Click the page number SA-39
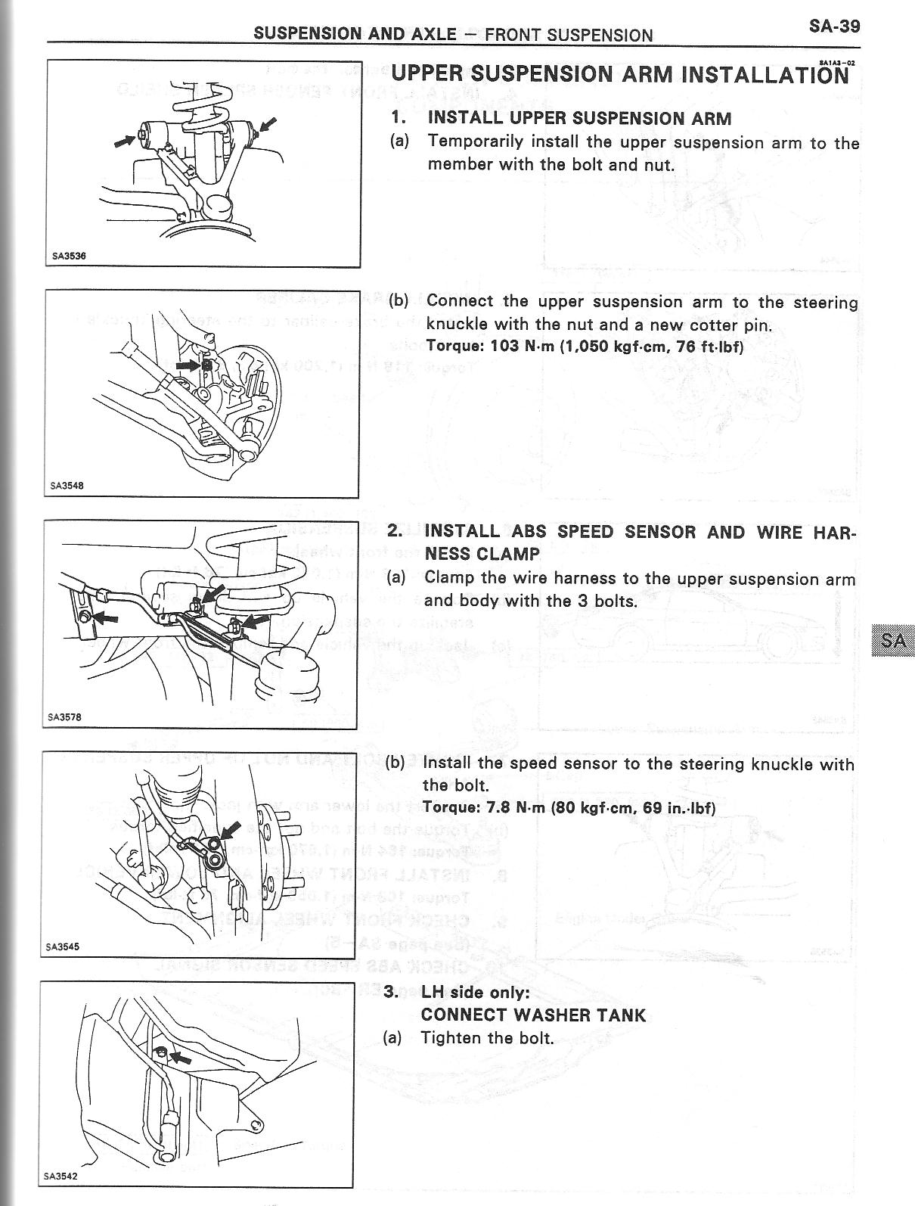pos(834,26)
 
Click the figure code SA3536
pos(69,256)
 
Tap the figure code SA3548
pos(67,486)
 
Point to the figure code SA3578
pos(64,716)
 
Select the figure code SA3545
pos(63,946)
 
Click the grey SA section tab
pos(893,640)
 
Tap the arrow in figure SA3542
pos(180,1058)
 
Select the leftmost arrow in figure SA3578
pos(107,617)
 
